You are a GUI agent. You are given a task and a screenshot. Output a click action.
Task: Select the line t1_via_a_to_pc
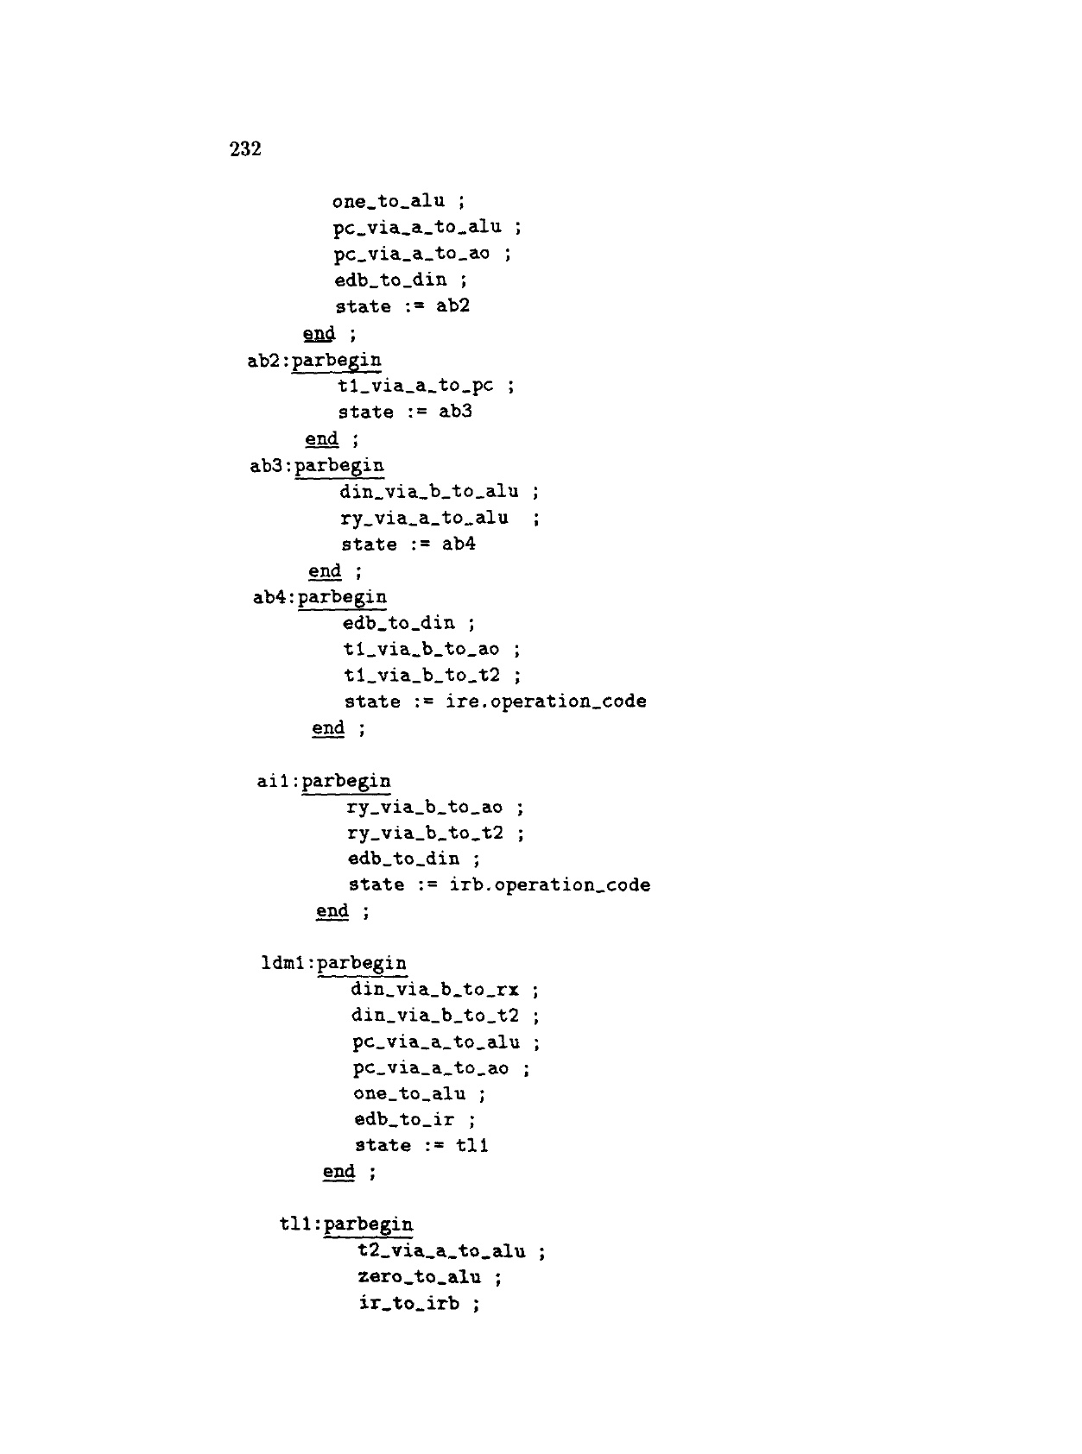coord(415,386)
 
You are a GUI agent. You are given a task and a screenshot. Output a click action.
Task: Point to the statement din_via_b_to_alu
coord(429,492)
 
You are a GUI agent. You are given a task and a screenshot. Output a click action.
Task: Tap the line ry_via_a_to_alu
coord(425,518)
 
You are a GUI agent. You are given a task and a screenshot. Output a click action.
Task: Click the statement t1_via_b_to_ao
coord(421,649)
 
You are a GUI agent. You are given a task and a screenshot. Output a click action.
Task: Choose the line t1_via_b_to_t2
coord(421,675)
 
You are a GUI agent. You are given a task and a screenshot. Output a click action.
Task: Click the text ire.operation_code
coord(546,702)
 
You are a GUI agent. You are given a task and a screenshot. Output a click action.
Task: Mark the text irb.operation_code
coord(550,885)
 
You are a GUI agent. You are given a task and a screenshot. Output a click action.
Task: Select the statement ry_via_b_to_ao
coord(424,808)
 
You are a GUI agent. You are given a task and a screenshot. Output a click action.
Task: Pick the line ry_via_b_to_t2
coord(425,833)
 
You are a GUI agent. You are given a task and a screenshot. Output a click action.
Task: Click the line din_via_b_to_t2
coord(435,1016)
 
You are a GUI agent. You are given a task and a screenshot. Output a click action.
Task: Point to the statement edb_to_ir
coord(404,1120)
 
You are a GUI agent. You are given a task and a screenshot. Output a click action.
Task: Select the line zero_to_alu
coord(419,1277)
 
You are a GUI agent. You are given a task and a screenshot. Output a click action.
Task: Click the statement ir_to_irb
coord(409,1303)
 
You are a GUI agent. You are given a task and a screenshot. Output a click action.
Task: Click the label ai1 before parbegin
coord(276,782)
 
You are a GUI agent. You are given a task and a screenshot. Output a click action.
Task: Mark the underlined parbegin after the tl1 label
coord(369,1224)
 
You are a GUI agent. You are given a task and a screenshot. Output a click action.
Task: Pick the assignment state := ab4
coord(408,544)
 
